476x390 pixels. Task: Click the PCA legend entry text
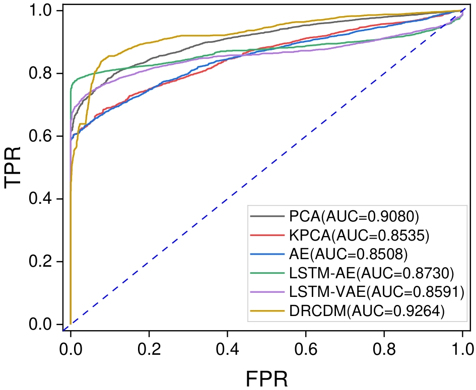(354, 217)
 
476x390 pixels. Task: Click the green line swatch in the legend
(267, 273)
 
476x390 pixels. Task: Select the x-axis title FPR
(266, 377)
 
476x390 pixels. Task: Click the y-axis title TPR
(14, 168)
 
